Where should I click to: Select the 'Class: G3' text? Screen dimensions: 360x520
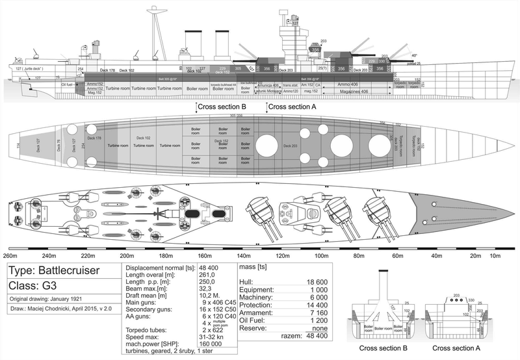coord(31,286)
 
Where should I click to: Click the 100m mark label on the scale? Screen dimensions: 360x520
coord(321,255)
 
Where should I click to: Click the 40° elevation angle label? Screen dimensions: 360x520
coord(414,56)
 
